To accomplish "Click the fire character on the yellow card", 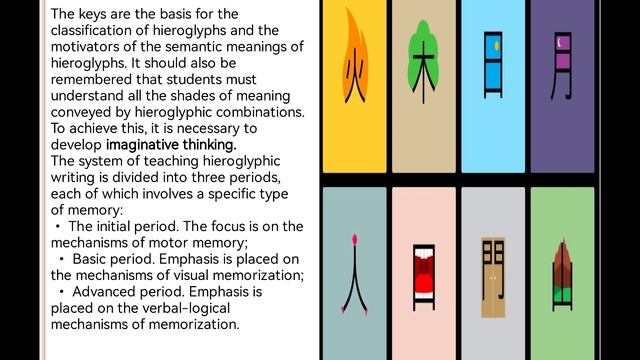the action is [355, 76].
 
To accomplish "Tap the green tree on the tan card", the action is [423, 55].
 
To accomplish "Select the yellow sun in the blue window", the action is [497, 46].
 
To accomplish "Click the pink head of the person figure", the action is [355, 239].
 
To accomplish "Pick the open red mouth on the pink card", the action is [424, 274].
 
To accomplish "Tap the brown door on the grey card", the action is [493, 278].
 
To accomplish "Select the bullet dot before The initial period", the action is [58, 226].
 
